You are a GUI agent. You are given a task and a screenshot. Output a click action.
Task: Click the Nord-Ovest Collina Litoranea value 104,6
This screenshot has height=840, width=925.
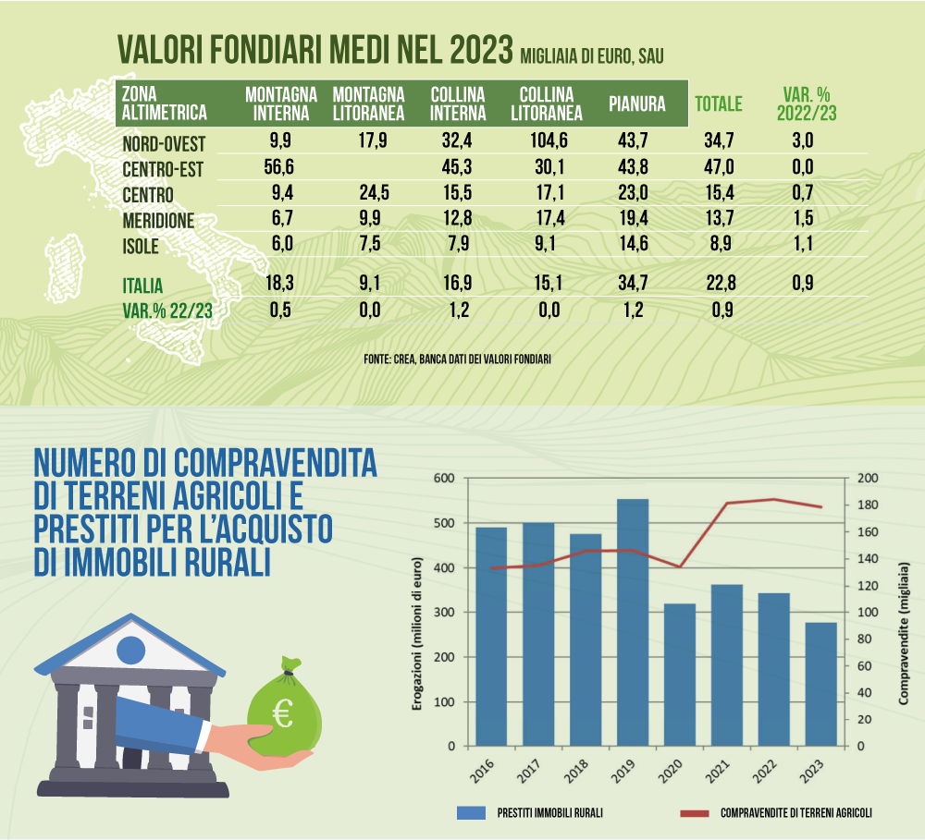point(549,140)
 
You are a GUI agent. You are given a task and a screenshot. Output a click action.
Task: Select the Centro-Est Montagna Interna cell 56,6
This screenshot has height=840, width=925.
point(278,167)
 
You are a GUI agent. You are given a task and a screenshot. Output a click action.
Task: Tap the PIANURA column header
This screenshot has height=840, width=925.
point(637,103)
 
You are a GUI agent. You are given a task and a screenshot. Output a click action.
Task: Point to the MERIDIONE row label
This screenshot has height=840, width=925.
point(158,221)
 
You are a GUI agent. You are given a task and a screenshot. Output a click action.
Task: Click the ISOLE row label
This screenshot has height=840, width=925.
point(141,247)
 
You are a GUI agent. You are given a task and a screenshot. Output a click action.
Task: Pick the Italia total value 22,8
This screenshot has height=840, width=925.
point(721,283)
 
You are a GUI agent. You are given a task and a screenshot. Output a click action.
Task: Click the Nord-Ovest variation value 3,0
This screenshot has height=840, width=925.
point(802,140)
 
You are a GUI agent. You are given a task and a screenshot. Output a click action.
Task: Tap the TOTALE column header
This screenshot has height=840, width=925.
point(719,103)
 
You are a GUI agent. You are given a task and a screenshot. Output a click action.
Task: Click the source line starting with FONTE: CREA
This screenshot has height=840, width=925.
point(457,359)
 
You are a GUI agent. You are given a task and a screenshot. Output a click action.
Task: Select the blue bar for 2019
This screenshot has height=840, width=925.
point(633,623)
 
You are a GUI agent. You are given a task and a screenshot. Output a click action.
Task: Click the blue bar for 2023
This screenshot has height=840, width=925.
point(820,685)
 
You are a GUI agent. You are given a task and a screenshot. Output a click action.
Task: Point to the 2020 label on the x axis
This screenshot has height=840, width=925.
point(670,771)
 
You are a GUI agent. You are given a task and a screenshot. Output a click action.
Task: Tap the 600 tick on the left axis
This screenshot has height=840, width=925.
point(444,478)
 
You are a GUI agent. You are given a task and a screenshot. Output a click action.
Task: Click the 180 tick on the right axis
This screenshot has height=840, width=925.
point(868,505)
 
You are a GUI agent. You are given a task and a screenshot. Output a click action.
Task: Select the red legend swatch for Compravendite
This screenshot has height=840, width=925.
point(695,813)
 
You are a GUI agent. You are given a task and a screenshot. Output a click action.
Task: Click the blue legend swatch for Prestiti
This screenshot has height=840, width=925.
point(471,813)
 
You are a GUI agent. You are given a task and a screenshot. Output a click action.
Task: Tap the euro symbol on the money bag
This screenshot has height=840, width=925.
point(283,713)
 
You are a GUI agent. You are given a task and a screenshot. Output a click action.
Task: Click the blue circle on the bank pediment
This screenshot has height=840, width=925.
point(131,651)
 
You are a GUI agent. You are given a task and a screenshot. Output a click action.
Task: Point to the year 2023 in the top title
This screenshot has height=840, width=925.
point(481,49)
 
